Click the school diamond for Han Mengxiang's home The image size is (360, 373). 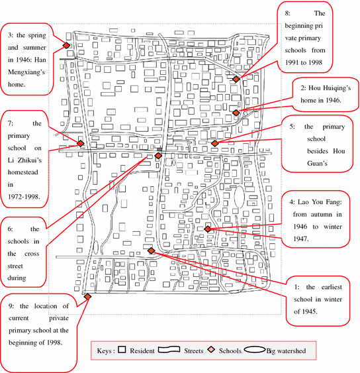tap(66, 45)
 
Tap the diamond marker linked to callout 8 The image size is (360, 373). tap(236, 79)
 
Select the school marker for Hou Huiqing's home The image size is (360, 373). tap(236, 113)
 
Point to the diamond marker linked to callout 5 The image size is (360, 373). tap(214, 142)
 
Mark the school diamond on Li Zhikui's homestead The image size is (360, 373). tap(81, 143)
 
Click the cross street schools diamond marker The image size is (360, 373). tap(158, 156)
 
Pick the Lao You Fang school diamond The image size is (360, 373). tap(208, 229)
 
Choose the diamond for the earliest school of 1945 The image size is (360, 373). tap(152, 250)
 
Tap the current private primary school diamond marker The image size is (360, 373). tap(87, 296)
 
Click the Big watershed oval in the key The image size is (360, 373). tap(255, 348)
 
